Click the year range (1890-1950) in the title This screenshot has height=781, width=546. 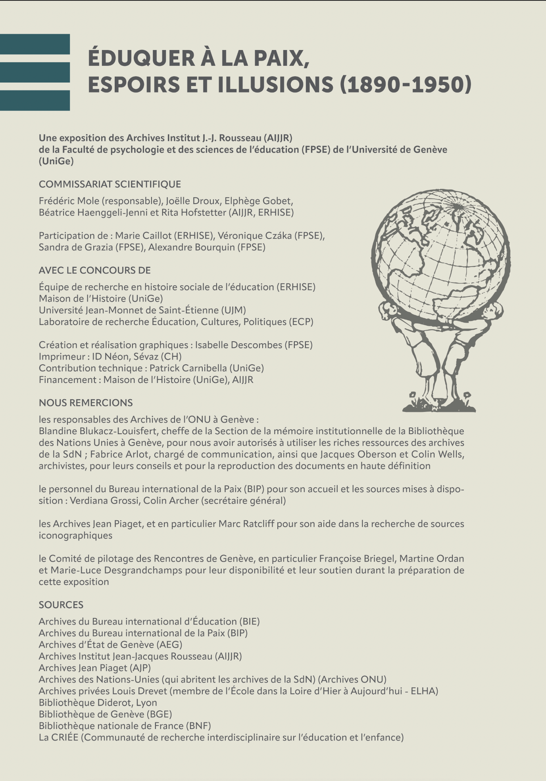(x=406, y=85)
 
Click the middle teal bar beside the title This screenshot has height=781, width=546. (x=35, y=72)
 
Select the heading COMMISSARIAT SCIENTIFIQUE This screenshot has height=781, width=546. (x=110, y=184)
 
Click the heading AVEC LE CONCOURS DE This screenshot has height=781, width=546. (x=95, y=270)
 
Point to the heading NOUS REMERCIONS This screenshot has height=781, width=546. (x=86, y=403)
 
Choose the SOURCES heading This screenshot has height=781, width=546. (x=61, y=605)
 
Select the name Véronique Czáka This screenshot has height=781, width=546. (x=254, y=235)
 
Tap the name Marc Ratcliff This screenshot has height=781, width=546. (x=246, y=524)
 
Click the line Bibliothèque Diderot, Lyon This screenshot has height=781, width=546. (x=98, y=702)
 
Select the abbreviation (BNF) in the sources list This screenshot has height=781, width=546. (x=198, y=726)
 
